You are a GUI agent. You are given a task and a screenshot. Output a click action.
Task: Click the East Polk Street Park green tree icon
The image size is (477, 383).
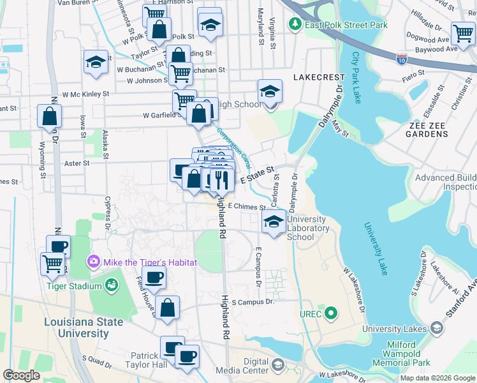(295, 25)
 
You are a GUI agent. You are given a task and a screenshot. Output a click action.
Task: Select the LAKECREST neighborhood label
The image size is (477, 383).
(318, 77)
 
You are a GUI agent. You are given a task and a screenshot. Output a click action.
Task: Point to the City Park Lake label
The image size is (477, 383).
(356, 76)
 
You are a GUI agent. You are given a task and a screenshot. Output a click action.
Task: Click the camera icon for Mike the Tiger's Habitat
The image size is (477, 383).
(94, 262)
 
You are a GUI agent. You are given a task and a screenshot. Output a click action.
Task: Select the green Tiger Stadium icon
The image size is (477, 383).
(113, 285)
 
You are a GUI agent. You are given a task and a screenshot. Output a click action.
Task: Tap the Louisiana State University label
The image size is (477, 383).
(84, 327)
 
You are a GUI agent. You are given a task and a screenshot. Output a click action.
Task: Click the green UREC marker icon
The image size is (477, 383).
(330, 313)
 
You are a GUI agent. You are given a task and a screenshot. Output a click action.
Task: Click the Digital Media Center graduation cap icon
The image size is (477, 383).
(277, 364)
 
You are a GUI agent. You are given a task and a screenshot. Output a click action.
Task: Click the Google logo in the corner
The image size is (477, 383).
(22, 375)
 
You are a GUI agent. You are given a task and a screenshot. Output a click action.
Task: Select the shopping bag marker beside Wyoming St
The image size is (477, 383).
(49, 117)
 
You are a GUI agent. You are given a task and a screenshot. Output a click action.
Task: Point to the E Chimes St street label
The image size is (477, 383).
(246, 207)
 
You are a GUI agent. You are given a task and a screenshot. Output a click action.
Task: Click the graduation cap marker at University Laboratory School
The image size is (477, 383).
(274, 222)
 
